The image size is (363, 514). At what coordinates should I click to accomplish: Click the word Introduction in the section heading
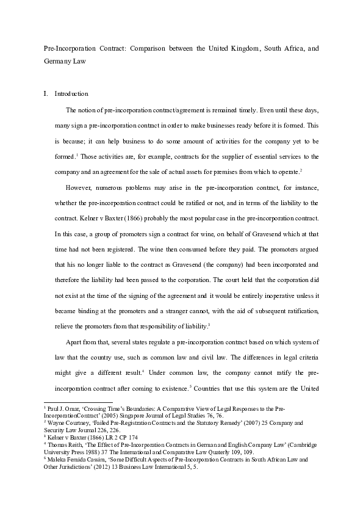point(71,94)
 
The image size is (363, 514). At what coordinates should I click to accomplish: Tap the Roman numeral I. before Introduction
point(45,94)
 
